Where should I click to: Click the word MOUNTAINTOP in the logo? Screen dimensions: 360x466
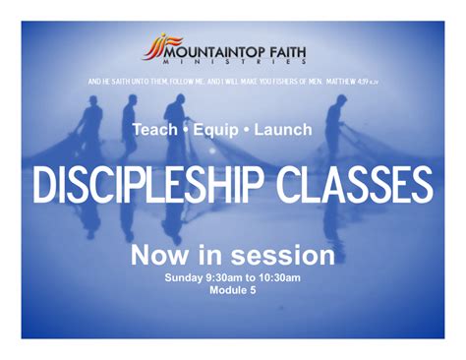211,45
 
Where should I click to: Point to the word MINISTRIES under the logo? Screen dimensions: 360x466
232,60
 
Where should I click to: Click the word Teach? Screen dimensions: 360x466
155,129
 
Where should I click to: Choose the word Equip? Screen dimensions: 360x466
219,129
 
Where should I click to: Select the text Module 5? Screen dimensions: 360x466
233,290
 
